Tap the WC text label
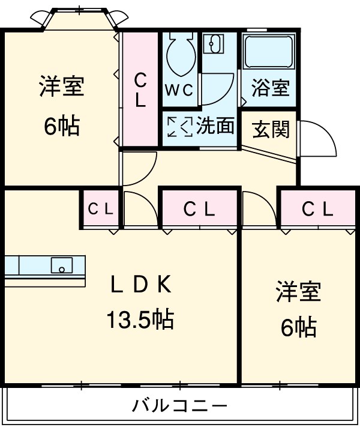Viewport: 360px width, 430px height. (x=179, y=90)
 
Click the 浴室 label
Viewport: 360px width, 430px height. (x=269, y=89)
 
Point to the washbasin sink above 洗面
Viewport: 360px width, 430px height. (x=212, y=43)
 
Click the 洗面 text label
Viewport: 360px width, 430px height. (x=215, y=126)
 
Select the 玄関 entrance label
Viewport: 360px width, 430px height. (x=271, y=129)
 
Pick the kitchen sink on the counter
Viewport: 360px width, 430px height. (x=61, y=264)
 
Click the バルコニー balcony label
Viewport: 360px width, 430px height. (x=179, y=406)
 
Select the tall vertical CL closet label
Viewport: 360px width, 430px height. (x=140, y=89)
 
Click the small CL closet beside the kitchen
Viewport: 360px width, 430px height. (x=101, y=209)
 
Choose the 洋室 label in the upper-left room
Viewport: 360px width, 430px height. (x=61, y=87)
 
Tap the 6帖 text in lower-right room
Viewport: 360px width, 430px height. (x=298, y=327)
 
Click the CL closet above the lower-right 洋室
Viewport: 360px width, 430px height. (x=317, y=209)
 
